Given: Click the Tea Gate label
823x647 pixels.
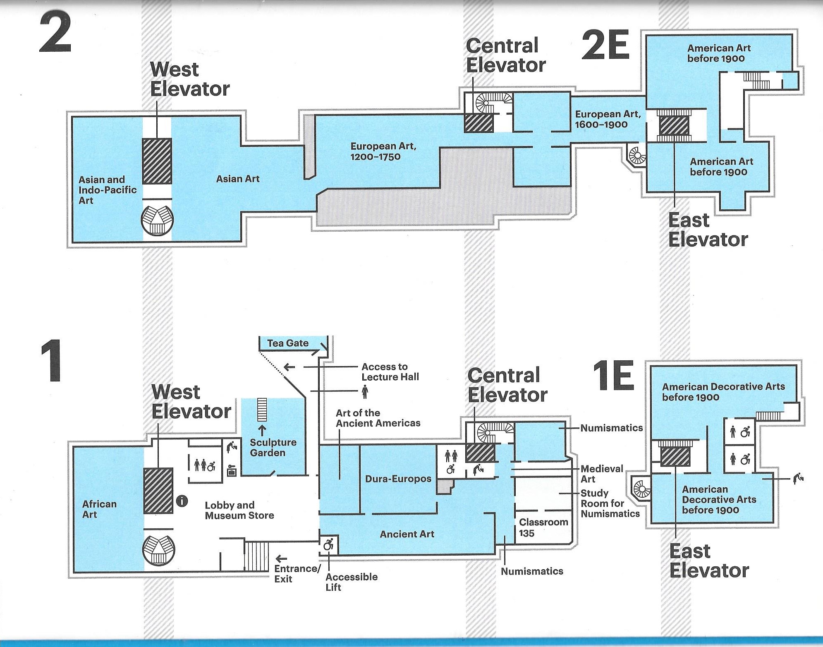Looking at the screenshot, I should (x=287, y=343).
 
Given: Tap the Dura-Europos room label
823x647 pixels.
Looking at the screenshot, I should (x=398, y=479).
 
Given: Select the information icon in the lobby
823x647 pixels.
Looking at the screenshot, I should (x=182, y=501).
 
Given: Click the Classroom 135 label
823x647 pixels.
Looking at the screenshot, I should (x=543, y=527).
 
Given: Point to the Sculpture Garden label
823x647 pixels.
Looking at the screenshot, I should (x=273, y=447).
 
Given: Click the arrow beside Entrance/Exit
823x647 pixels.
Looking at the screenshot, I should (x=281, y=559).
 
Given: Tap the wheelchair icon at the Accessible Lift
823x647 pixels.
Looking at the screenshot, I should (x=328, y=545).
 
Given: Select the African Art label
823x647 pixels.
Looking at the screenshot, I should (x=99, y=509).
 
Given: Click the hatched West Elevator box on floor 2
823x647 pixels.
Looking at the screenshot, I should (x=157, y=161).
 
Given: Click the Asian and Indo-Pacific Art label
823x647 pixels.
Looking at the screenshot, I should (x=107, y=190).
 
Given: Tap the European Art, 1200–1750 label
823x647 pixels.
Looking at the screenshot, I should (x=383, y=151).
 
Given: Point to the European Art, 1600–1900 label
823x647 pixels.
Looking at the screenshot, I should (x=608, y=119).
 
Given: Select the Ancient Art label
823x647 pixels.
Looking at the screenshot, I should (x=407, y=534).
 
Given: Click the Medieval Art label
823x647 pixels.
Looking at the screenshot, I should (x=601, y=474).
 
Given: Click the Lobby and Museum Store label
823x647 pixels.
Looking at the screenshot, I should (x=239, y=510).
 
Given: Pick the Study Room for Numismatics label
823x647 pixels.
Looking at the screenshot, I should (x=610, y=503).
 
